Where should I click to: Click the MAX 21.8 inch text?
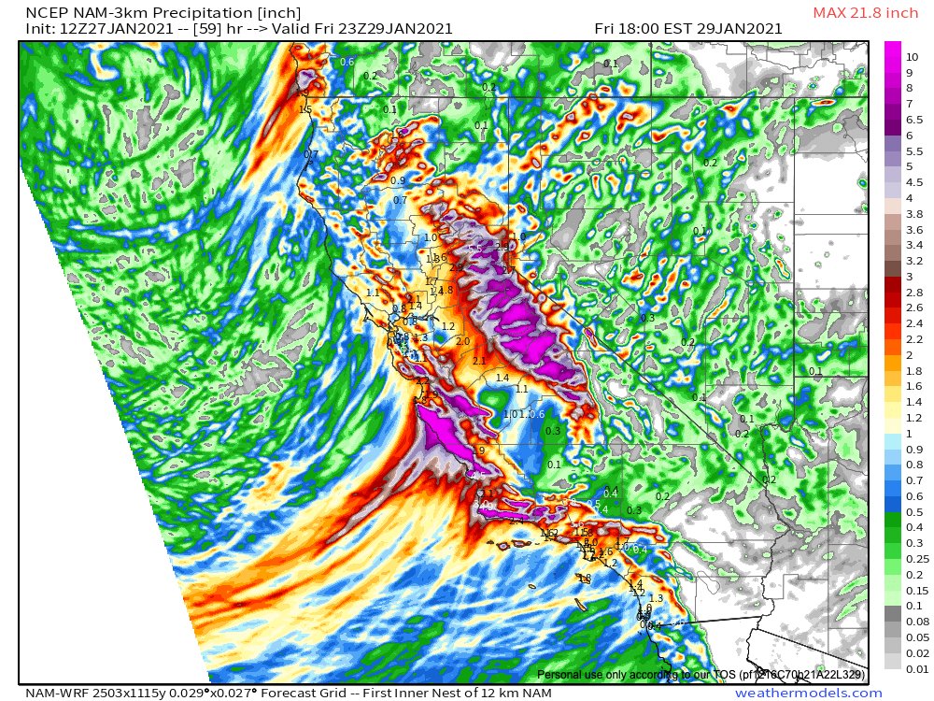click(867, 12)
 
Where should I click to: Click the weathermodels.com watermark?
click(808, 693)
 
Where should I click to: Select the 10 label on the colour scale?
click(913, 57)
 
